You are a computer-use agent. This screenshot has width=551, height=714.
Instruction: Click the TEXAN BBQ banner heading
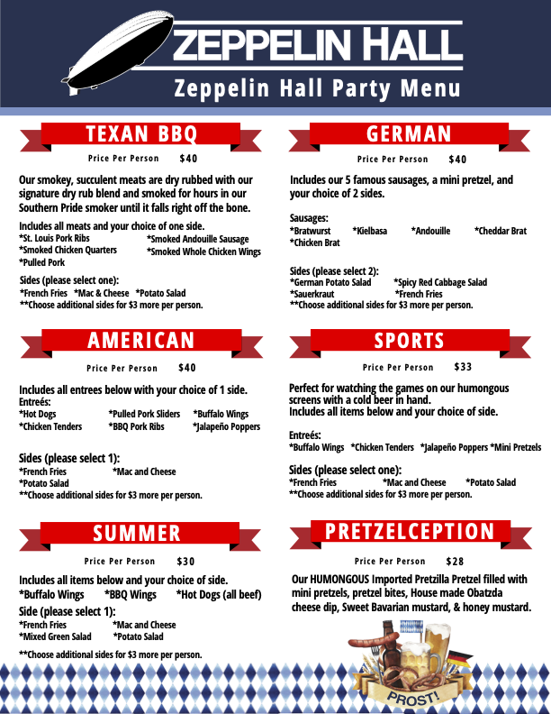pos(140,134)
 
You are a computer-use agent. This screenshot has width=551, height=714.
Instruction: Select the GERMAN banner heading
pos(409,134)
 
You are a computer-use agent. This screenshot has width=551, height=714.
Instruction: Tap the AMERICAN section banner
pos(140,340)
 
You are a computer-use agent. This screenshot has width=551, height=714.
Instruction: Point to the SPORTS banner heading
pos(410,340)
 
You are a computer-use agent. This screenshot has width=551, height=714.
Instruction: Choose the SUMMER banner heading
pos(137,533)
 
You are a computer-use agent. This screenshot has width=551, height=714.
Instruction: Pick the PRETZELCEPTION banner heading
pos(410,531)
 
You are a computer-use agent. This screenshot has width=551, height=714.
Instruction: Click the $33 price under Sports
pos(463,367)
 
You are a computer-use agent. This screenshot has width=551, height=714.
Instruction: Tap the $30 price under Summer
pos(185,561)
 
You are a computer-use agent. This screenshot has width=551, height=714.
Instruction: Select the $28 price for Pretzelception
pos(456,561)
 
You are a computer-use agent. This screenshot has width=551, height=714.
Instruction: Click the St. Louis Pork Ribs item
pos(55,238)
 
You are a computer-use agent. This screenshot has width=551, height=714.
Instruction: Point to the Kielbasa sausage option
pos(369,231)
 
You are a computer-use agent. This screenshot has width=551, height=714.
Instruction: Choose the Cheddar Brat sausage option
pos(501,231)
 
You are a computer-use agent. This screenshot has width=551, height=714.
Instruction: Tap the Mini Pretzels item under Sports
pos(516,447)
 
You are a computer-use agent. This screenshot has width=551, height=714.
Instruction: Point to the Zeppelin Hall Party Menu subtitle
pos(317,88)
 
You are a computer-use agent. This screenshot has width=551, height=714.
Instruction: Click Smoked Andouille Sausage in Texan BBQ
pos(197,239)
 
